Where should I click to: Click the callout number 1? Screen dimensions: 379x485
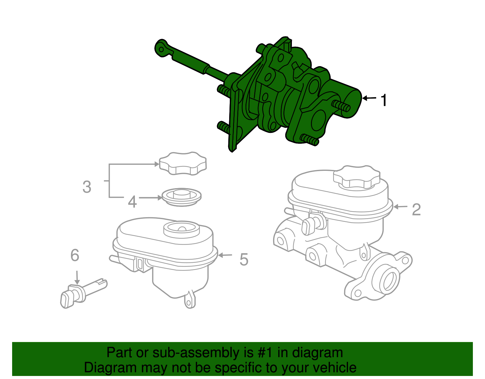[384, 100]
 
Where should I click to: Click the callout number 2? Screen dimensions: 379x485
[416, 209]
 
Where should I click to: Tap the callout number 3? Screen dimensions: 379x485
[87, 187]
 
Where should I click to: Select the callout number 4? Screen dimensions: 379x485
[132, 201]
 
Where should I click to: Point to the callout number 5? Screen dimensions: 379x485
[244, 259]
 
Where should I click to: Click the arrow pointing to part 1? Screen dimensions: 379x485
[369, 98]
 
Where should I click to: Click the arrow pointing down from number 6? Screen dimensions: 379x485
[77, 278]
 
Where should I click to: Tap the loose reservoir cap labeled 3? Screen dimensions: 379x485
[183, 164]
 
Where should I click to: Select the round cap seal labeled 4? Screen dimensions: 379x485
[182, 197]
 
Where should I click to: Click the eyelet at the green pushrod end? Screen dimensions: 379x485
[162, 49]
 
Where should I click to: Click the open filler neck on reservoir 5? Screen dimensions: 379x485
[182, 229]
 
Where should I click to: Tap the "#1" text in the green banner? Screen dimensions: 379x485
[266, 353]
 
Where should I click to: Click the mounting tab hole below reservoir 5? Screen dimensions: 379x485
[189, 303]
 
